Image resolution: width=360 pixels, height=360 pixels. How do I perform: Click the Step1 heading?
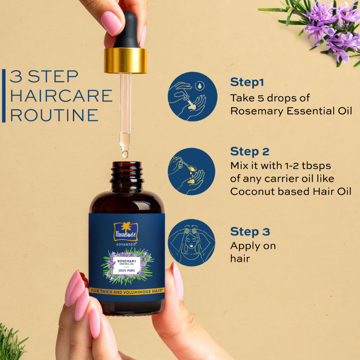coord(247,82)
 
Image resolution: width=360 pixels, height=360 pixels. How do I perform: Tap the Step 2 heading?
coord(250,151)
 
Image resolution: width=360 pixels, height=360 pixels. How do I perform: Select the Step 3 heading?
coord(250,232)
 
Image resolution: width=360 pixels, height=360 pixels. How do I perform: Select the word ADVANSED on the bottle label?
coord(126,245)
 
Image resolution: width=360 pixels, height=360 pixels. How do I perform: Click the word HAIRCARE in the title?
coord(61,96)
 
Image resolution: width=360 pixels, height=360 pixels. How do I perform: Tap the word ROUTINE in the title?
coord(54,115)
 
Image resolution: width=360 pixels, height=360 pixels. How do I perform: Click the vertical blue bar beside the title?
coord(4,95)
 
